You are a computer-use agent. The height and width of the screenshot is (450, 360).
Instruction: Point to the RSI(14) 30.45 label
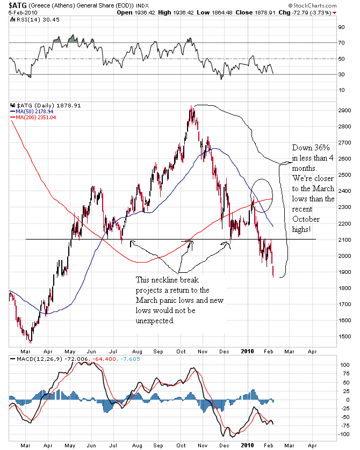click(34, 20)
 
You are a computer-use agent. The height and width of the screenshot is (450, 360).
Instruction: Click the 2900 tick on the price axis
click(330, 110)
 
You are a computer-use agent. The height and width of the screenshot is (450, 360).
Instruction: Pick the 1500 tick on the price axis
click(330, 336)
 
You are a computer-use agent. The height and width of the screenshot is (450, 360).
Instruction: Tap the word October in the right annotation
click(306, 219)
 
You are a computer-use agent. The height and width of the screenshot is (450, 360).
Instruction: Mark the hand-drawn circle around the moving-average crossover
click(262, 194)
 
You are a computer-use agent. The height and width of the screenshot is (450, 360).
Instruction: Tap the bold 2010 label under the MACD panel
click(248, 445)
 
